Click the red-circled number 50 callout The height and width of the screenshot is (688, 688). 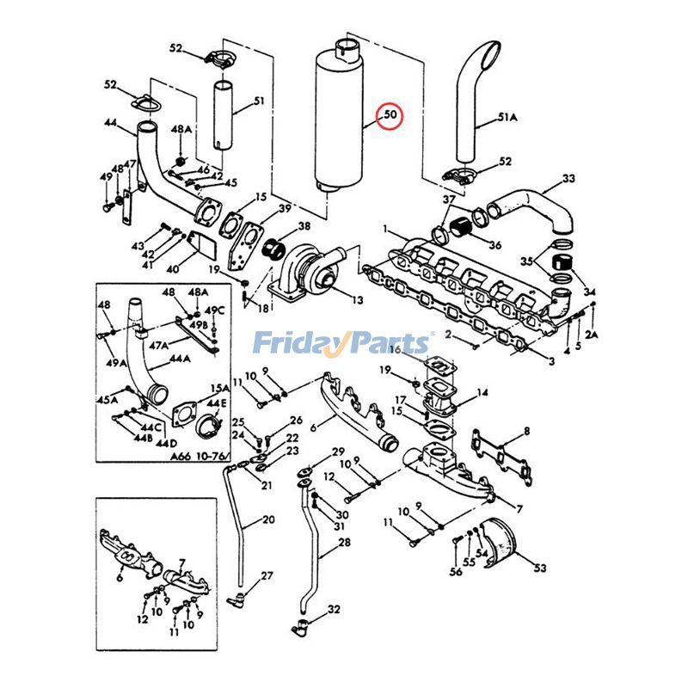390,114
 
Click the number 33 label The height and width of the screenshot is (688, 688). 568,179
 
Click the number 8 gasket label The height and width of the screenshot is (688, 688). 526,431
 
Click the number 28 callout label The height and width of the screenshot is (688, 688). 344,543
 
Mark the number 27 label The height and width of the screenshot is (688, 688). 267,575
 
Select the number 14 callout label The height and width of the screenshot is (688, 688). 482,392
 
